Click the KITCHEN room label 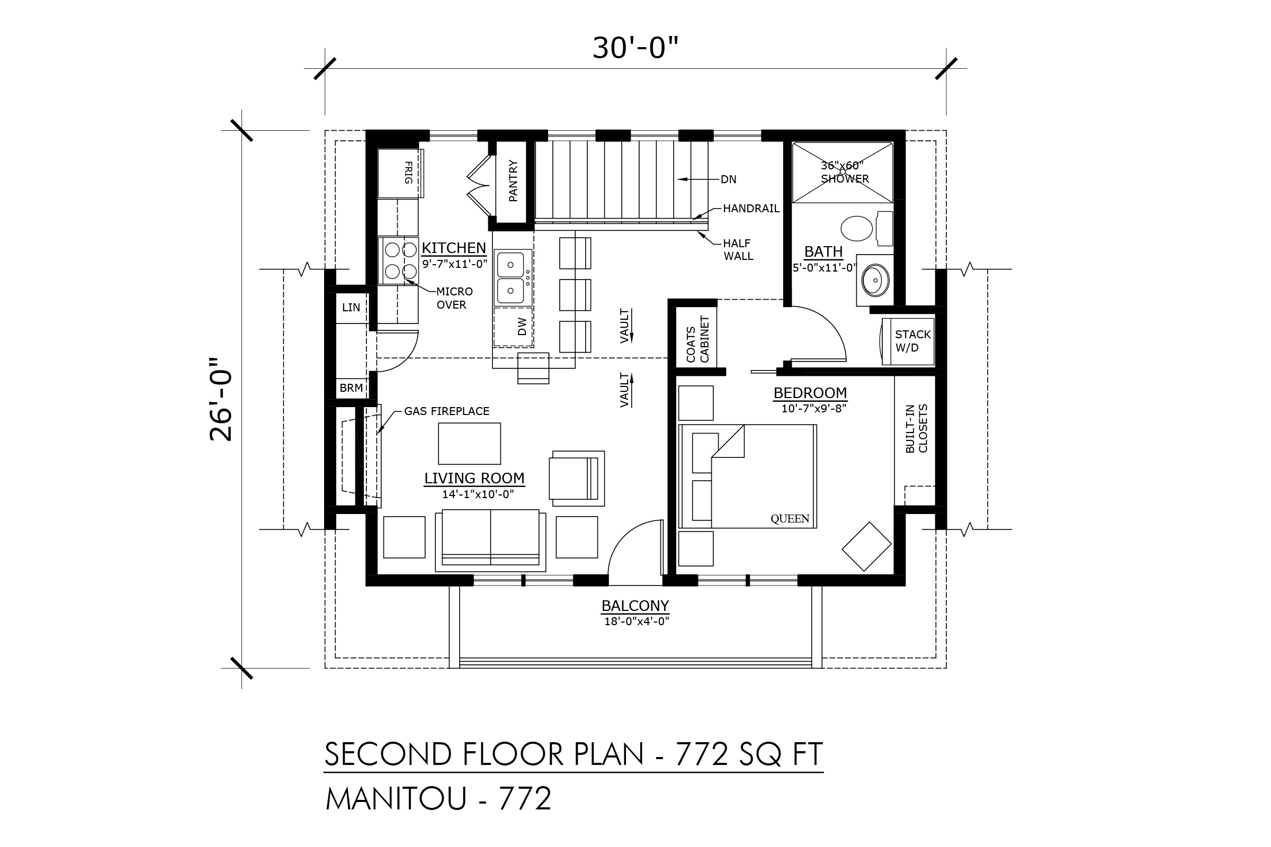(x=454, y=248)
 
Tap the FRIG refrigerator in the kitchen (x=400, y=174)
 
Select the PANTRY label (x=513, y=181)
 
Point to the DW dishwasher (x=513, y=327)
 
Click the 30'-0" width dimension (x=635, y=48)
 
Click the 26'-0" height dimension (x=221, y=399)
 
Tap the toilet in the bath (x=866, y=229)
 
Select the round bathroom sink (x=875, y=281)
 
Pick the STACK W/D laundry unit (x=908, y=341)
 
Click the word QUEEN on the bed (x=790, y=519)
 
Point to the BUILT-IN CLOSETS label (x=917, y=428)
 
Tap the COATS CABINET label (x=697, y=339)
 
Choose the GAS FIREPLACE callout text (x=446, y=412)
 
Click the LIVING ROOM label (x=474, y=479)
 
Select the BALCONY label (x=635, y=606)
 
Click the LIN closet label (x=351, y=308)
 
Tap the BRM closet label (x=351, y=388)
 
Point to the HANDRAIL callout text (x=751, y=209)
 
